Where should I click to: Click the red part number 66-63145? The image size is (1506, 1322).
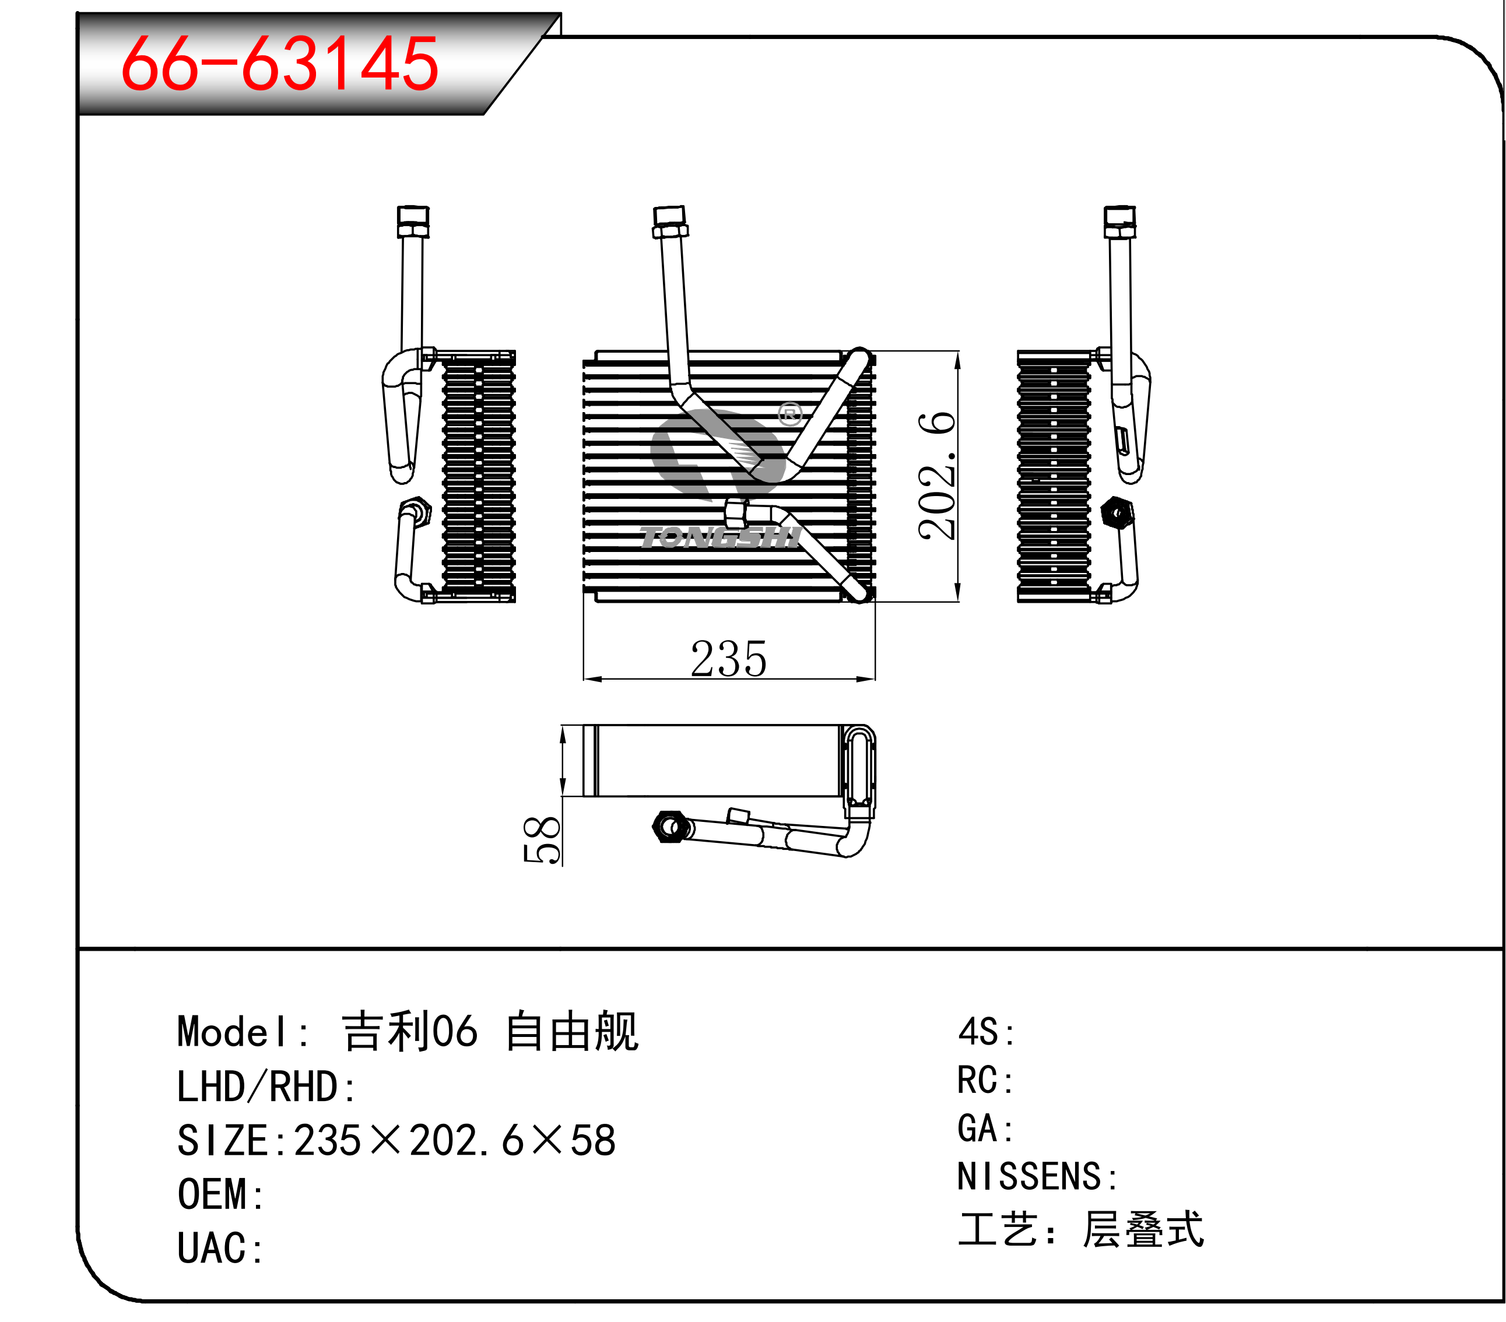click(x=280, y=64)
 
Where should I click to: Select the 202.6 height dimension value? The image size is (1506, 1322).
click(x=936, y=476)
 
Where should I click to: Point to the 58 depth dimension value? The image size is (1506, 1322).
click(x=542, y=839)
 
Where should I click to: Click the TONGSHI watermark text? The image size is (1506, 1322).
click(x=721, y=537)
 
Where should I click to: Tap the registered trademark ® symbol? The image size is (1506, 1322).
click(x=790, y=414)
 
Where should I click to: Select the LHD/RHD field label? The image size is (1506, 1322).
click(x=266, y=1087)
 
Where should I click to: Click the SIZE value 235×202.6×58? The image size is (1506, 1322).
click(x=455, y=1140)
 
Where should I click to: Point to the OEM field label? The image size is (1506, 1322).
click(x=220, y=1194)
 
